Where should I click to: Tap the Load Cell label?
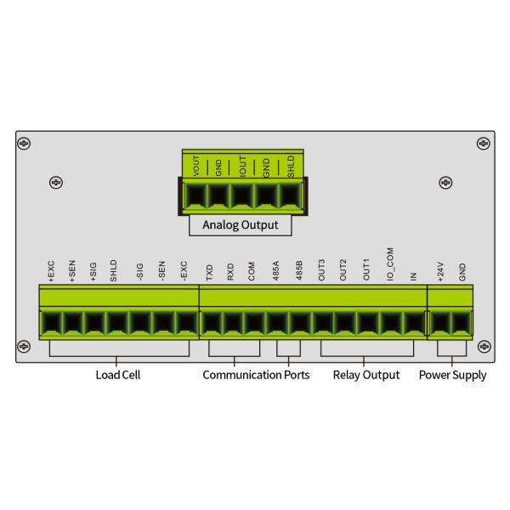tap(119, 375)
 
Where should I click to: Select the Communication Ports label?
tap(256, 375)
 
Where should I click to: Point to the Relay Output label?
tap(365, 375)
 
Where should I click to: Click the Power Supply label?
tap(453, 375)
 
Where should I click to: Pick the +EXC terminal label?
tap(51, 272)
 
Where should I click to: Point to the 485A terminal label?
tap(275, 273)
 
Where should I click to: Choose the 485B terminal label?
tap(297, 273)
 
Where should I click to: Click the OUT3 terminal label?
tap(322, 272)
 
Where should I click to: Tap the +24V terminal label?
tap(440, 272)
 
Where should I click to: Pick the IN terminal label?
tap(413, 276)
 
